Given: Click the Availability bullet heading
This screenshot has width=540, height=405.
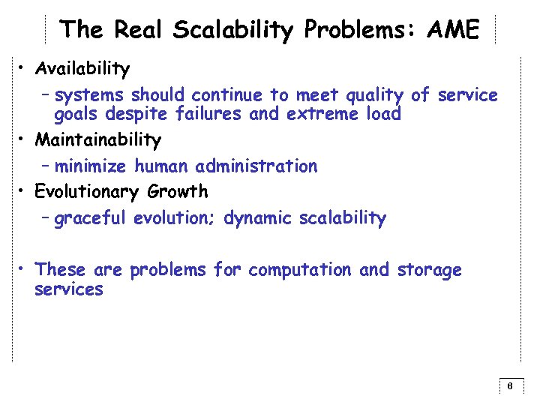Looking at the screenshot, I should coord(82,70).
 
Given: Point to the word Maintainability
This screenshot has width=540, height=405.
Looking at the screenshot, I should coord(98,140).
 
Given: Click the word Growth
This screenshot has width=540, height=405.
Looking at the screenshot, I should coord(178,192).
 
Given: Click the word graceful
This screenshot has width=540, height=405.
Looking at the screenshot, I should coord(91,219).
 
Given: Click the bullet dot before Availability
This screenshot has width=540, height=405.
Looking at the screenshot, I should coord(25,70).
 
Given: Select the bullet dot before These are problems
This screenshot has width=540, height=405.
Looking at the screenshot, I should coord(25,269).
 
